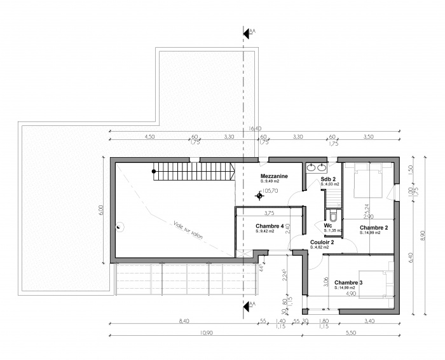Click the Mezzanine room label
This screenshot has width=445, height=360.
(274, 176)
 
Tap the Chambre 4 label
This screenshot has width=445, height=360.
(270, 226)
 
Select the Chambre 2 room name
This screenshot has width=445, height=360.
(374, 228)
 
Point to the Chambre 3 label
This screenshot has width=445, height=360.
(349, 283)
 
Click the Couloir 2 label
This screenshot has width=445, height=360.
(323, 242)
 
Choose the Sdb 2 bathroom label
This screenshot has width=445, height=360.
(328, 179)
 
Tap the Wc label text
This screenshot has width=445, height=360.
(327, 225)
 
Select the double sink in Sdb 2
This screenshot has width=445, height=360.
(316, 168)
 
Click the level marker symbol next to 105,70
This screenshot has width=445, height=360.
(259, 196)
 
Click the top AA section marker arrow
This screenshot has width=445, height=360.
(246, 31)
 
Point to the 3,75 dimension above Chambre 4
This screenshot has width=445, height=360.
(269, 213)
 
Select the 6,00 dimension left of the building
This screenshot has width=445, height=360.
(100, 211)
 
